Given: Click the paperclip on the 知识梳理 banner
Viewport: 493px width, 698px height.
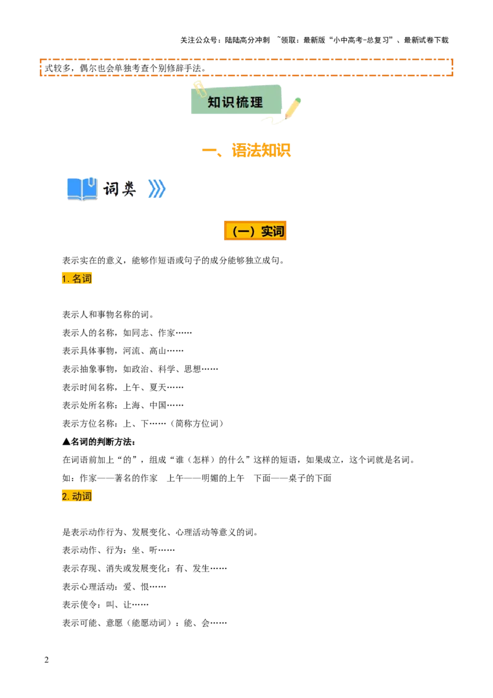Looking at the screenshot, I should pos(199,89).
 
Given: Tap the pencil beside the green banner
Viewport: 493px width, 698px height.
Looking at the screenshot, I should pos(293,108).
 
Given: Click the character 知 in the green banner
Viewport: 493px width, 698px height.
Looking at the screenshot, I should pos(214,102).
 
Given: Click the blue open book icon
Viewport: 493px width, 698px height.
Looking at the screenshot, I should pos(81,189).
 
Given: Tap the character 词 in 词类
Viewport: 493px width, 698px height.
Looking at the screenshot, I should pos(111,189).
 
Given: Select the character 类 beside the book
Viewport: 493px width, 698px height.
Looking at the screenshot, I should pos(128,189).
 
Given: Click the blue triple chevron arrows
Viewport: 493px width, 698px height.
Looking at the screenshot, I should pos(157,189).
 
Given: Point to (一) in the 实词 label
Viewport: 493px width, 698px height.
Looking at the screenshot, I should pos(243,231).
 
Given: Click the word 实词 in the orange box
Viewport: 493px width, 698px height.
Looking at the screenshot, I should pos(272,231).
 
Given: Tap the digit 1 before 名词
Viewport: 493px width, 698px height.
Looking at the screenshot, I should pos(63,279).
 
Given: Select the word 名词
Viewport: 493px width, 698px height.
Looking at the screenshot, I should pos(82,279).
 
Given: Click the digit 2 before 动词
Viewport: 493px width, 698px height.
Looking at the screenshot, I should pos(63,496).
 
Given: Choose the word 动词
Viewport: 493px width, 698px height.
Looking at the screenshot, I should pos(82,496).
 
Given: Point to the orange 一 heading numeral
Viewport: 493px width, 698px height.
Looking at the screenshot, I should pos(211,150).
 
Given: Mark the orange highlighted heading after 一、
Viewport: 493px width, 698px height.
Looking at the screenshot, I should pos(263,150).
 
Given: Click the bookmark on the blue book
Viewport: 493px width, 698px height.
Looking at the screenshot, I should pos(91,181).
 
